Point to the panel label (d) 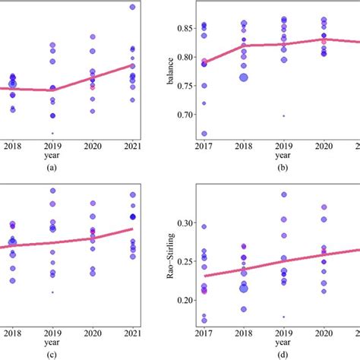[x=282, y=353]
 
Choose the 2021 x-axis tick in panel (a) [x=132, y=144]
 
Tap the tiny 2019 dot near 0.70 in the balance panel [x=284, y=115]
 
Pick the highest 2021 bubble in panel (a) [x=133, y=7]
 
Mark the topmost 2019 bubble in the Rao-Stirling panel [x=284, y=194]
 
